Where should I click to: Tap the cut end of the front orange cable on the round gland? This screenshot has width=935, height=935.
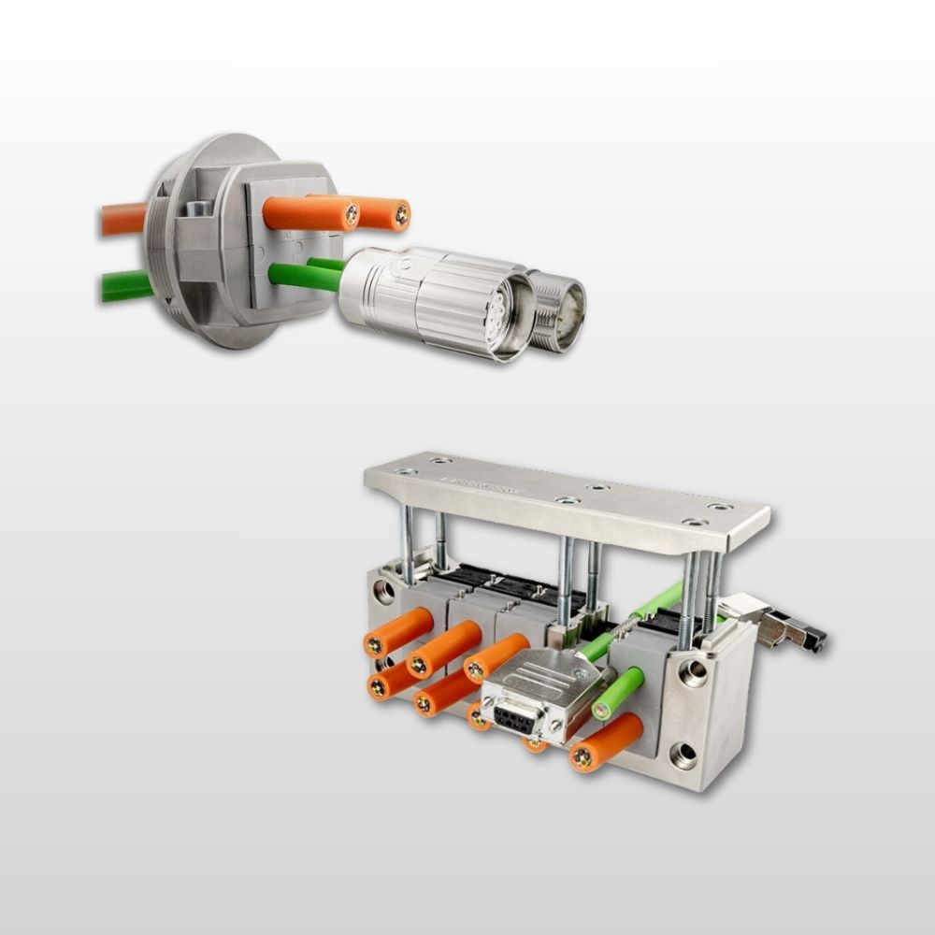[x=352, y=215]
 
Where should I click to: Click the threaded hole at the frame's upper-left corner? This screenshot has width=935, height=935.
[x=382, y=592]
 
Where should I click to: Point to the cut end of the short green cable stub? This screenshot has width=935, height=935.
[x=601, y=710]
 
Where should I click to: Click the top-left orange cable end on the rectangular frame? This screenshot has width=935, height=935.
[x=374, y=646]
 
